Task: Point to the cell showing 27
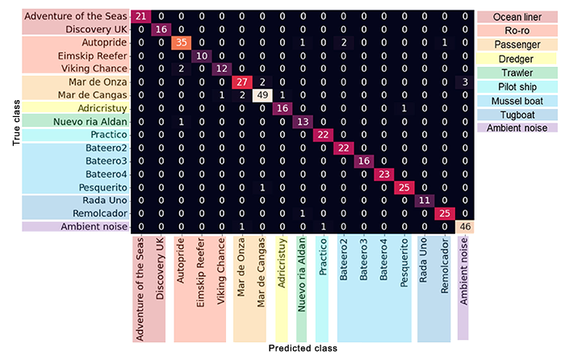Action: [x=241, y=82]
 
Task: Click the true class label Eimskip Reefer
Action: [x=93, y=56]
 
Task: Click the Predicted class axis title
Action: [x=303, y=349]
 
